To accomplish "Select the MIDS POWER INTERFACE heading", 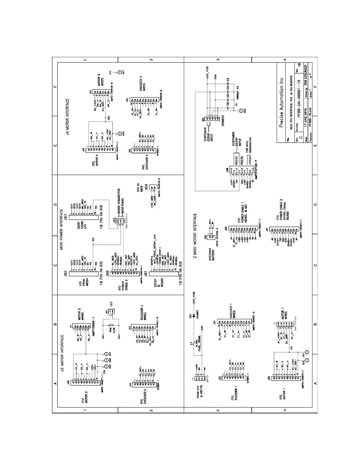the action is (x=62, y=229).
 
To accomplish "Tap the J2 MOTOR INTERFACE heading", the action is (x=62, y=353).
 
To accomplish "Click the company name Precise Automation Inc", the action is (x=281, y=102).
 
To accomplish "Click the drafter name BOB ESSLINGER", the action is (x=306, y=77).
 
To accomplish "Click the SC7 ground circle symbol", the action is (x=120, y=72).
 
